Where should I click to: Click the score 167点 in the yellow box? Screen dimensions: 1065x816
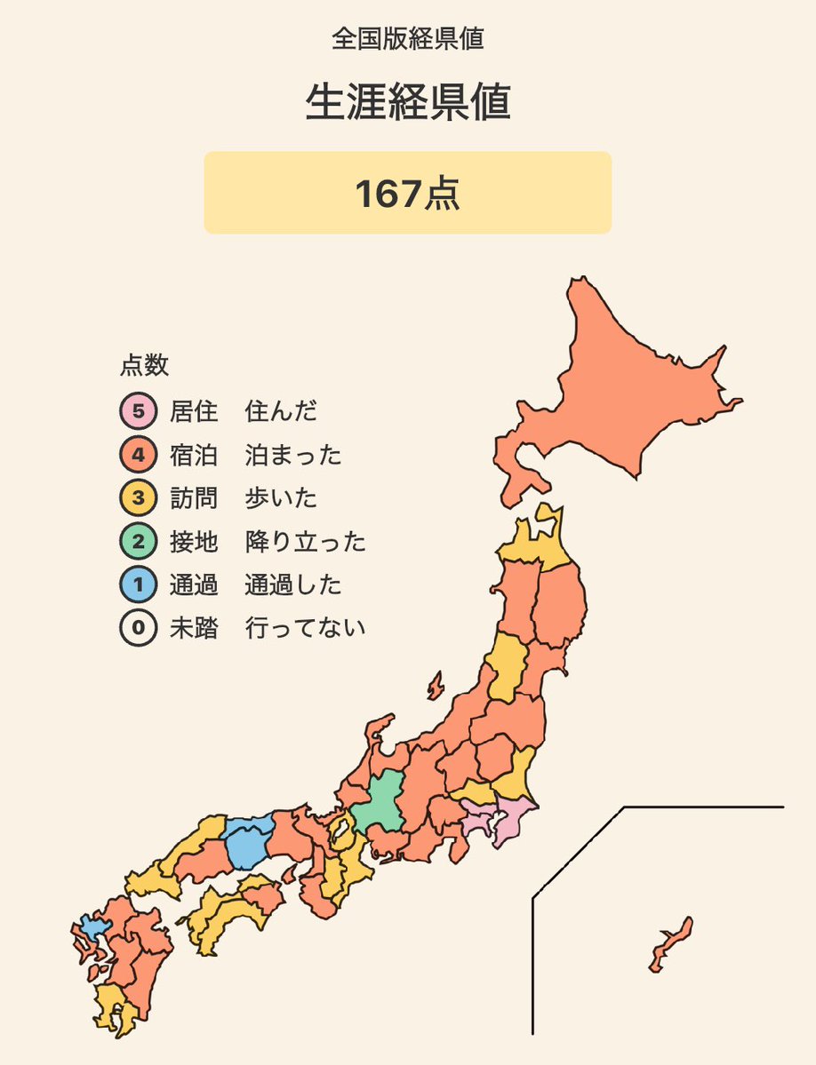[407, 194]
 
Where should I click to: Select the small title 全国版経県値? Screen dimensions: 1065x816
[407, 38]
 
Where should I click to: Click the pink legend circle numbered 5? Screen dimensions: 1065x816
[138, 412]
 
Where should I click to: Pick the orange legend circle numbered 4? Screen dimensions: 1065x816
[138, 456]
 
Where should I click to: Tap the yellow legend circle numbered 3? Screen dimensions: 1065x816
[138, 498]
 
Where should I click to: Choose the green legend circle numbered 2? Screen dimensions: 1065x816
[138, 542]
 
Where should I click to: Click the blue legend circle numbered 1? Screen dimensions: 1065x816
[138, 585]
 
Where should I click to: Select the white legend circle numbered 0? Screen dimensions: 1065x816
[138, 629]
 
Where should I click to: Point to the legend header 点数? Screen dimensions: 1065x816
[144, 365]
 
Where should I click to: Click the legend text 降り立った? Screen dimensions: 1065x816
[305, 542]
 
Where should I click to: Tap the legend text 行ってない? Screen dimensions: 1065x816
[305, 629]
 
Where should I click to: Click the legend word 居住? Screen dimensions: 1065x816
[194, 412]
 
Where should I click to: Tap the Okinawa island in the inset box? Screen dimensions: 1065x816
[671, 943]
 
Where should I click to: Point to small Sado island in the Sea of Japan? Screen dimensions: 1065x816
[435, 686]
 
